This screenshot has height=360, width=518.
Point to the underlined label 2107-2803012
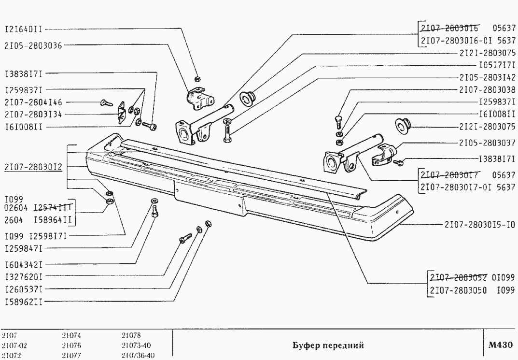pyautogui.click(x=33, y=167)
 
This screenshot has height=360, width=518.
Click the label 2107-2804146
pyautogui.click(x=33, y=102)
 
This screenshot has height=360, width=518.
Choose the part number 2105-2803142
pyautogui.click(x=487, y=77)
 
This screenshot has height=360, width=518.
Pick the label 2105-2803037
pyautogui.click(x=487, y=144)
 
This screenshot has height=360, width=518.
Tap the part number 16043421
pyautogui.click(x=24, y=265)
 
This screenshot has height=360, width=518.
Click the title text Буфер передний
pyautogui.click(x=328, y=346)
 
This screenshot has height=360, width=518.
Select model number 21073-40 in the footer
pyautogui.click(x=137, y=346)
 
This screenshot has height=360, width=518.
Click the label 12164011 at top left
pyautogui.click(x=24, y=29)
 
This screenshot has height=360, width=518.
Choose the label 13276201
pyautogui.click(x=24, y=277)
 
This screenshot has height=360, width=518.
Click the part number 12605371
pyautogui.click(x=24, y=289)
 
